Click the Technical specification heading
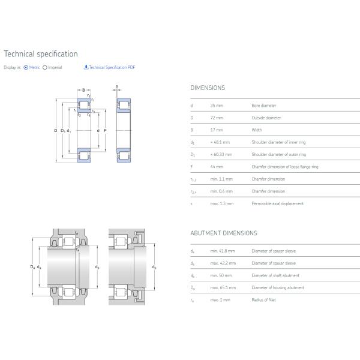pos(40,54)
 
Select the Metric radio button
pos(26,68)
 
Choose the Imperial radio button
pos(45,68)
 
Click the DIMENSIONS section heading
pos(208,88)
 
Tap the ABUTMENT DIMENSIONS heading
pos(223,233)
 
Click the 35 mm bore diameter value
pos(217,106)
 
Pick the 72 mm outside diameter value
pos(217,118)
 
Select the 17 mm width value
pos(217,130)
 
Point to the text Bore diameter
pos(264,106)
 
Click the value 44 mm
pos(217,167)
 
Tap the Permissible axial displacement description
pos(278,203)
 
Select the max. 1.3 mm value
pos(222,203)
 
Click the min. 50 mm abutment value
pos(220,275)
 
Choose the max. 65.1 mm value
pos(223,288)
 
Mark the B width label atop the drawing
pos(83,90)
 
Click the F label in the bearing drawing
pos(105,130)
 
